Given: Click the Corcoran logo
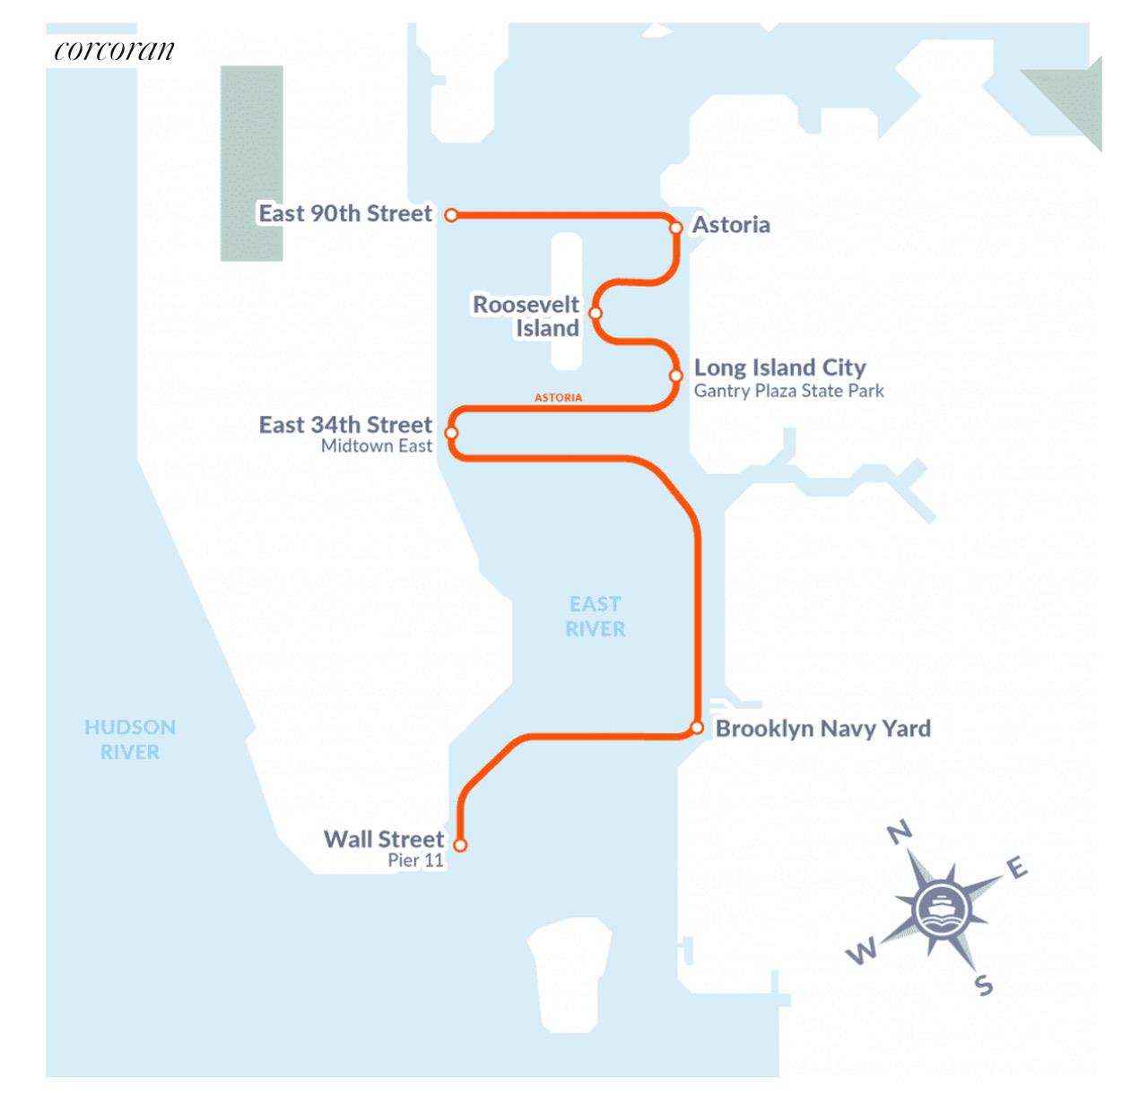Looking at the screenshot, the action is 114,50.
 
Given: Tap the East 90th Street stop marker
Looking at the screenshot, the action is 452,215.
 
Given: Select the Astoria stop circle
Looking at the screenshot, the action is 676,228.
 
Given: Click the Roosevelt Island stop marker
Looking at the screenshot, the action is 596,313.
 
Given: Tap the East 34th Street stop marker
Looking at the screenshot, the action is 452,433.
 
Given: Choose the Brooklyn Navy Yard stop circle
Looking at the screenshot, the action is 697,727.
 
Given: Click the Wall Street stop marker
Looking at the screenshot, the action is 460,844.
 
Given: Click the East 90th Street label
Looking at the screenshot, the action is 345,213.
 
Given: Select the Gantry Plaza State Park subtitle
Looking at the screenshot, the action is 788,391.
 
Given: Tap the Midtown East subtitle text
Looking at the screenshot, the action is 377,445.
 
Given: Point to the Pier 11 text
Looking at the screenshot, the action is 415,860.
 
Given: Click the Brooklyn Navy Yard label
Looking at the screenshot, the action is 822,728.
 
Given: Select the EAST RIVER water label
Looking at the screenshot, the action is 596,617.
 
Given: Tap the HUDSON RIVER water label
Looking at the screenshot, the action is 130,739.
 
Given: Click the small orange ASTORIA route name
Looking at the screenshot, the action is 558,397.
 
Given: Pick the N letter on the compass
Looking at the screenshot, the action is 900,833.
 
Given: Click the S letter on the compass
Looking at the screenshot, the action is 984,986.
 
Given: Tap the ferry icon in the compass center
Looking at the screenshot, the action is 943,909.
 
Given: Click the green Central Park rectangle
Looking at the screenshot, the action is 252,163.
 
